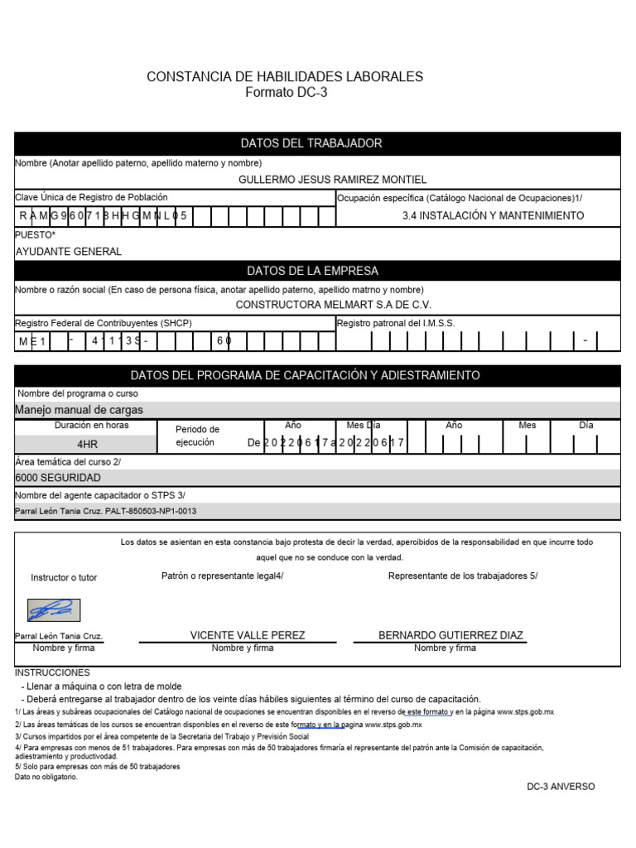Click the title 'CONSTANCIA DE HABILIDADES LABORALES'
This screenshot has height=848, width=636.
(x=285, y=77)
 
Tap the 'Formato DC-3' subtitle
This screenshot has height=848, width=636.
(x=286, y=93)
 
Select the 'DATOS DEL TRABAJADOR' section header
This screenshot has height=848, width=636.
(x=311, y=143)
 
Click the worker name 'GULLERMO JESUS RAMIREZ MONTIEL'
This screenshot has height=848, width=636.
(x=332, y=180)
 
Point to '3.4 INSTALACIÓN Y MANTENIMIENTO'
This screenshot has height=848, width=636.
(x=493, y=215)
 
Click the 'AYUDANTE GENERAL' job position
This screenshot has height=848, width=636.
(x=69, y=252)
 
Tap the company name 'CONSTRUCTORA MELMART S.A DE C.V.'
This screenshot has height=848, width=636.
(x=340, y=305)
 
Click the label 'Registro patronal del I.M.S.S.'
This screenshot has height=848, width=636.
(x=396, y=324)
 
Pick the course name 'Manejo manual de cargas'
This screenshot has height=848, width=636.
(x=79, y=410)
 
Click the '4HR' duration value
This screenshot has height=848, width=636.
(x=87, y=444)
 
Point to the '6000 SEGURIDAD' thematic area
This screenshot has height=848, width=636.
(x=58, y=478)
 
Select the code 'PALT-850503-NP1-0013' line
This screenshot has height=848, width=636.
(x=106, y=512)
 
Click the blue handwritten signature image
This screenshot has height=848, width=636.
(x=54, y=611)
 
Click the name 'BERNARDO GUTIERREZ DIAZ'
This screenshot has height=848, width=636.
(x=450, y=635)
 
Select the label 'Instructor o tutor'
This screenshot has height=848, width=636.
(x=64, y=577)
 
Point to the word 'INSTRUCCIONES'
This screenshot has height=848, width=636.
(x=53, y=672)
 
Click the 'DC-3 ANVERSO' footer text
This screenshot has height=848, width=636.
(x=561, y=787)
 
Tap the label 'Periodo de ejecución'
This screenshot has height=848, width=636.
(x=197, y=436)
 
